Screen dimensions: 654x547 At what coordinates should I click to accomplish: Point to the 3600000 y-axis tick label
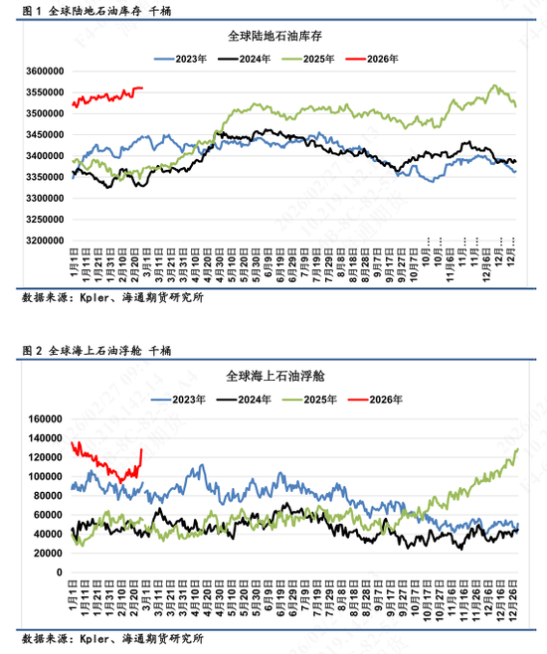tap(42, 72)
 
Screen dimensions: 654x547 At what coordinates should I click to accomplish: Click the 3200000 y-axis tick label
tap(42, 241)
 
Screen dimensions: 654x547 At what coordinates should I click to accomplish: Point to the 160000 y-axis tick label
tap(45, 418)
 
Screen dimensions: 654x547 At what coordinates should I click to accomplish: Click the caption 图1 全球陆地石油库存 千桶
tap(95, 11)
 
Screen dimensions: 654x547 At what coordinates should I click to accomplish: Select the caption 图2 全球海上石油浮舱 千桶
tap(95, 351)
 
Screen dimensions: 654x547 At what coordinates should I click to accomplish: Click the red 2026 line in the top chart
tap(109, 96)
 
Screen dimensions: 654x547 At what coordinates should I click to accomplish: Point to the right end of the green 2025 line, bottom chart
tap(518, 449)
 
